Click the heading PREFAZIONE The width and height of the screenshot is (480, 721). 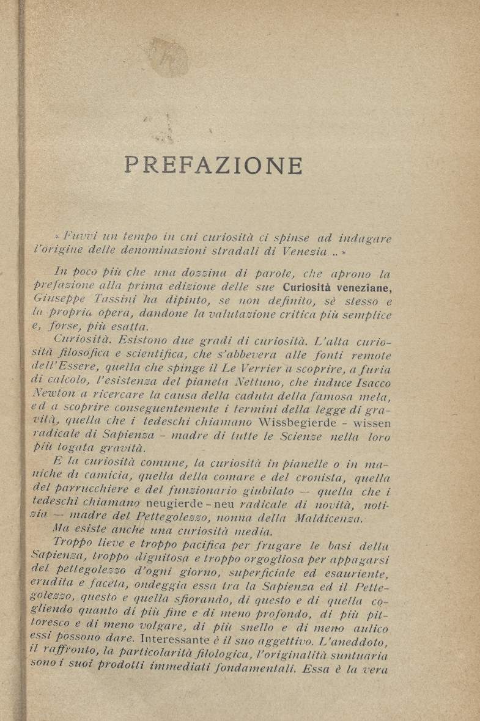(x=213, y=166)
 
